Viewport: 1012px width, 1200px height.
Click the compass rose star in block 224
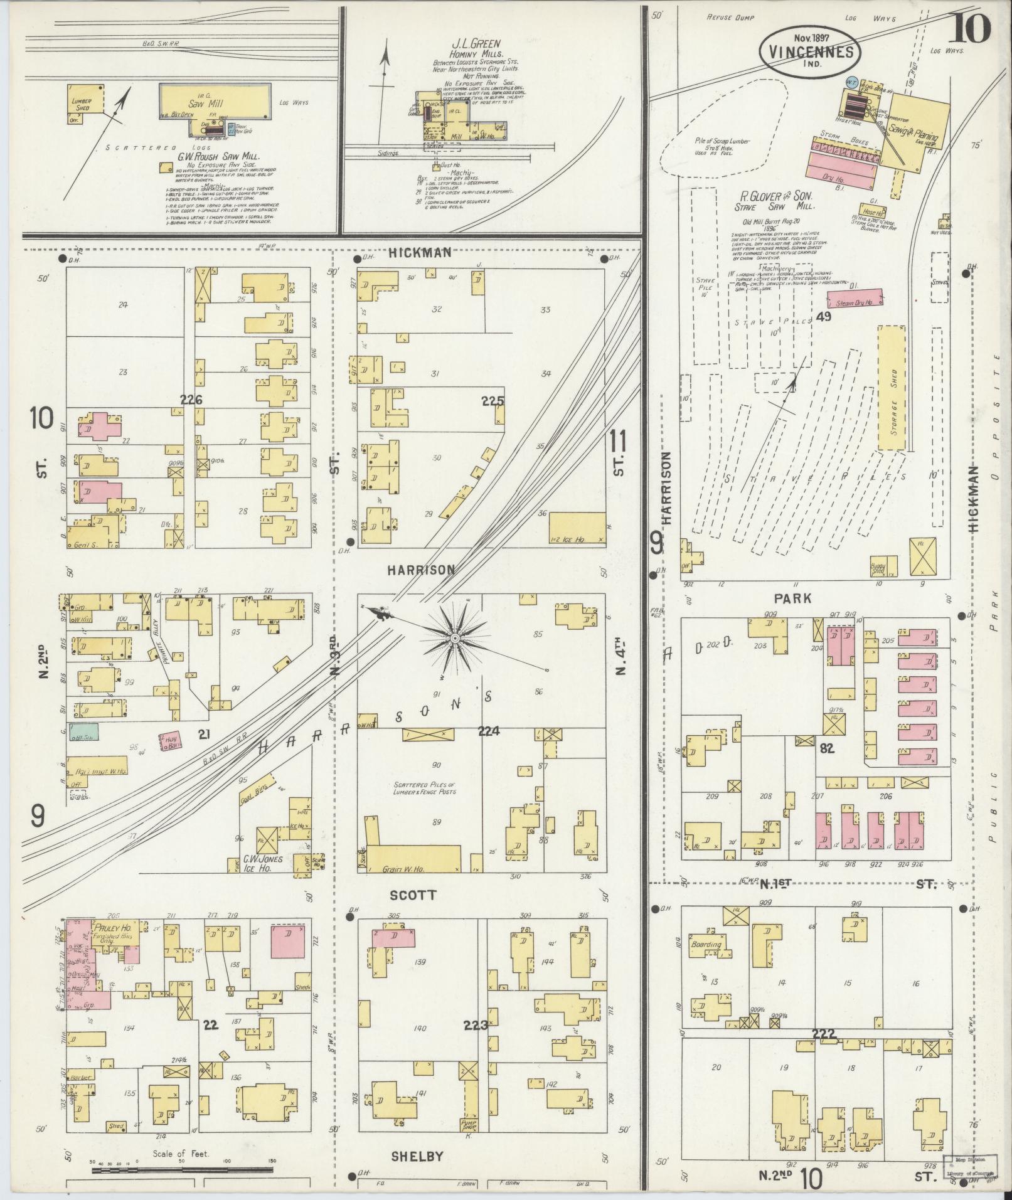[x=454, y=638]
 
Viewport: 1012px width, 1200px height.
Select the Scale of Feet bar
[x=182, y=1170]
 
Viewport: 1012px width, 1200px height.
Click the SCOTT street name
[x=412, y=895]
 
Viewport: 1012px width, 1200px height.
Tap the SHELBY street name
[x=417, y=1157]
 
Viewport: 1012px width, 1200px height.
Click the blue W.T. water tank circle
[x=851, y=82]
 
